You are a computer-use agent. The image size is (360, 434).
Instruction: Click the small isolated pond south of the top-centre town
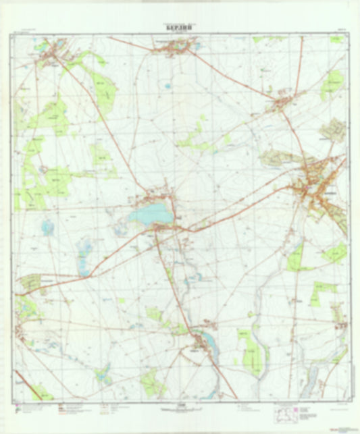165,86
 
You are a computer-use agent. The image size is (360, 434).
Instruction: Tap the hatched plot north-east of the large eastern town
332,129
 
